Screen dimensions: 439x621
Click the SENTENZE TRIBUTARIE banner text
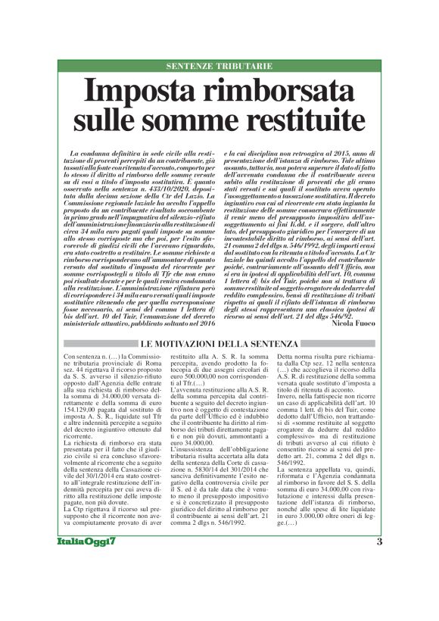[219, 67]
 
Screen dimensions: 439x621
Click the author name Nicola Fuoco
[347, 322]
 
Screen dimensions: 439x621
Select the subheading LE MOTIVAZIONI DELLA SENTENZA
[219, 345]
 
